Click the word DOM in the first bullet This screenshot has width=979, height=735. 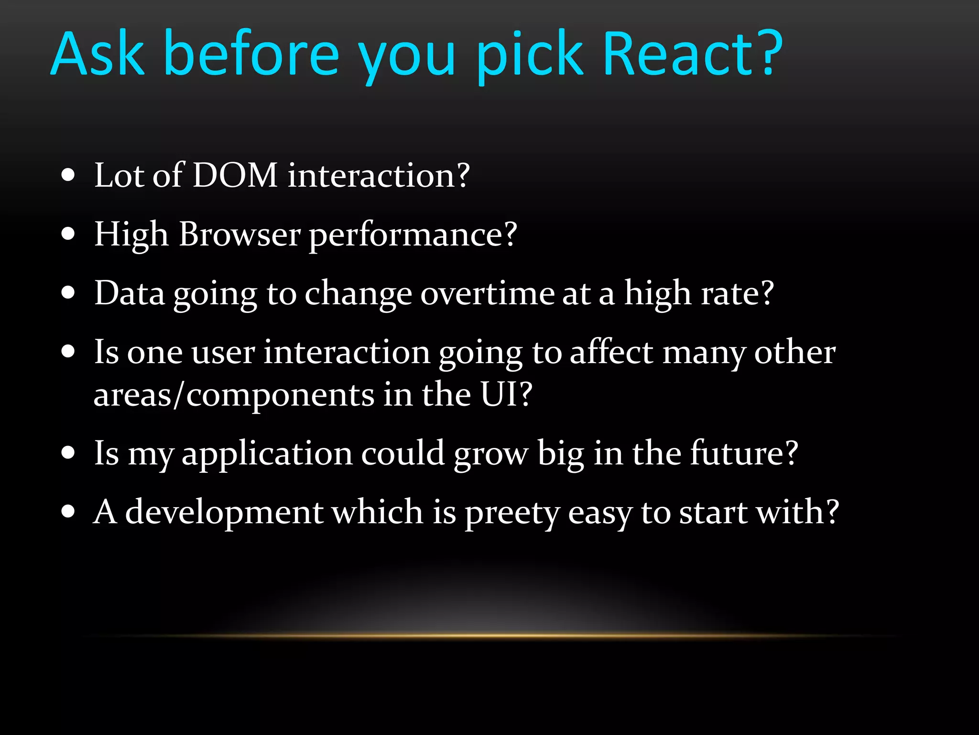click(235, 175)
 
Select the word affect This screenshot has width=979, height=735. click(611, 352)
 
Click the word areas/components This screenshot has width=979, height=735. click(234, 395)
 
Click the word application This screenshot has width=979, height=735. click(267, 454)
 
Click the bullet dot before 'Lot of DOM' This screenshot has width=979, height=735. click(68, 175)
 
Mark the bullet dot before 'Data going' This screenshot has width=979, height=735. click(68, 293)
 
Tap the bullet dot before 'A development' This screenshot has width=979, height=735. click(68, 512)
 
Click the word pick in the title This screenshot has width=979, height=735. click(531, 55)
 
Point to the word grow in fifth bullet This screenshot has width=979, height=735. click(491, 454)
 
